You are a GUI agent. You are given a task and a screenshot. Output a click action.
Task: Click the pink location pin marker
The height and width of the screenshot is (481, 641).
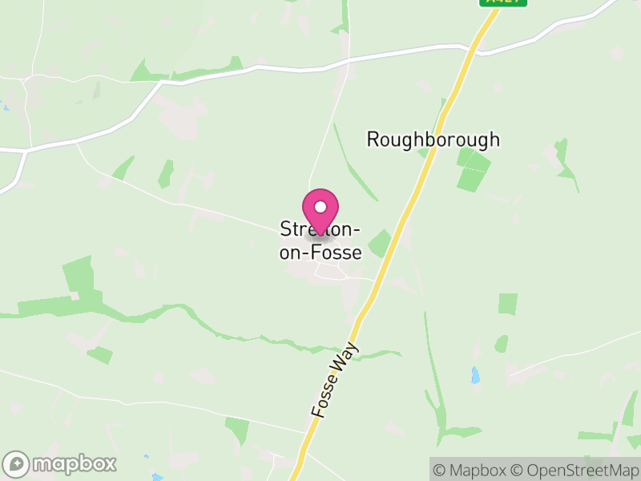pos(320,210)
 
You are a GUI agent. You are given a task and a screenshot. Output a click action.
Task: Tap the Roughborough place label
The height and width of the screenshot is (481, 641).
pos(433,139)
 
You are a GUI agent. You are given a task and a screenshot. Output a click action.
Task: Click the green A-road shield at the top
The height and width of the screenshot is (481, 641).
pos(504,2)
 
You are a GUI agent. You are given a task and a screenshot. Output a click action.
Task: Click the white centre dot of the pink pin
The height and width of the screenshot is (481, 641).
pos(320,206)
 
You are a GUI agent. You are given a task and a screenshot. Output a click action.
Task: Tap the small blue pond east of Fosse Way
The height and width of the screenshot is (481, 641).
pos(476,374)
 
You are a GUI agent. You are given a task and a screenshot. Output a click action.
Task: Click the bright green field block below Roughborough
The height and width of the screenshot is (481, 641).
pos(472,168)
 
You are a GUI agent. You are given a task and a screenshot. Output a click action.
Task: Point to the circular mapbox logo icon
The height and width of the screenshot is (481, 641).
pos(17,463)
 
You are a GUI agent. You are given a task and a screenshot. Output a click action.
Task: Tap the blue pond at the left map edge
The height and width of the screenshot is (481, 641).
pos(4,107)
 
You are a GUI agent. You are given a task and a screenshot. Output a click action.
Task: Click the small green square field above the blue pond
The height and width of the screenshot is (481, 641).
pos(507,304)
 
